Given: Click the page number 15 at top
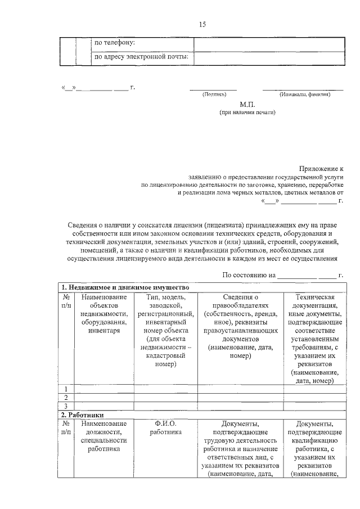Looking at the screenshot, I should [202, 24].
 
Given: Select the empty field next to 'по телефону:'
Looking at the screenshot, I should [268, 43].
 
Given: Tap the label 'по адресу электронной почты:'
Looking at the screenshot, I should [141, 57].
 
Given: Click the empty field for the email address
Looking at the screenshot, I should [268, 58].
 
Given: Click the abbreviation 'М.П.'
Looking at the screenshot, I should [247, 105].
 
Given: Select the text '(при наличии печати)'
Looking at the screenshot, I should [247, 112].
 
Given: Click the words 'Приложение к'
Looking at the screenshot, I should [322, 168].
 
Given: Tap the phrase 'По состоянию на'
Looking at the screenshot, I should [249, 275].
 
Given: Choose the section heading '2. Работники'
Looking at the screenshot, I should [84, 415].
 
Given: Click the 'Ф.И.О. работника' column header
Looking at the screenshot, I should [165, 428].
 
